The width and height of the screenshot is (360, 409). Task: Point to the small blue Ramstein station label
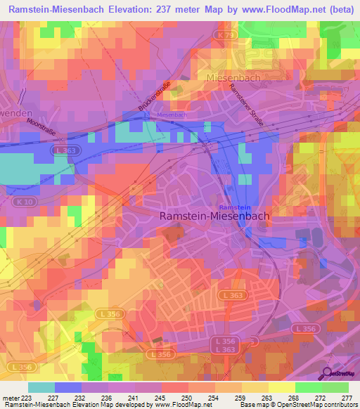(235, 207)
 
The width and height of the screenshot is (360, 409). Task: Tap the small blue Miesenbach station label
(172, 115)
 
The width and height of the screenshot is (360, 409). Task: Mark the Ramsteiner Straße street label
(247, 105)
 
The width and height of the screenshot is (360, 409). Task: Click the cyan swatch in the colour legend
(41, 387)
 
